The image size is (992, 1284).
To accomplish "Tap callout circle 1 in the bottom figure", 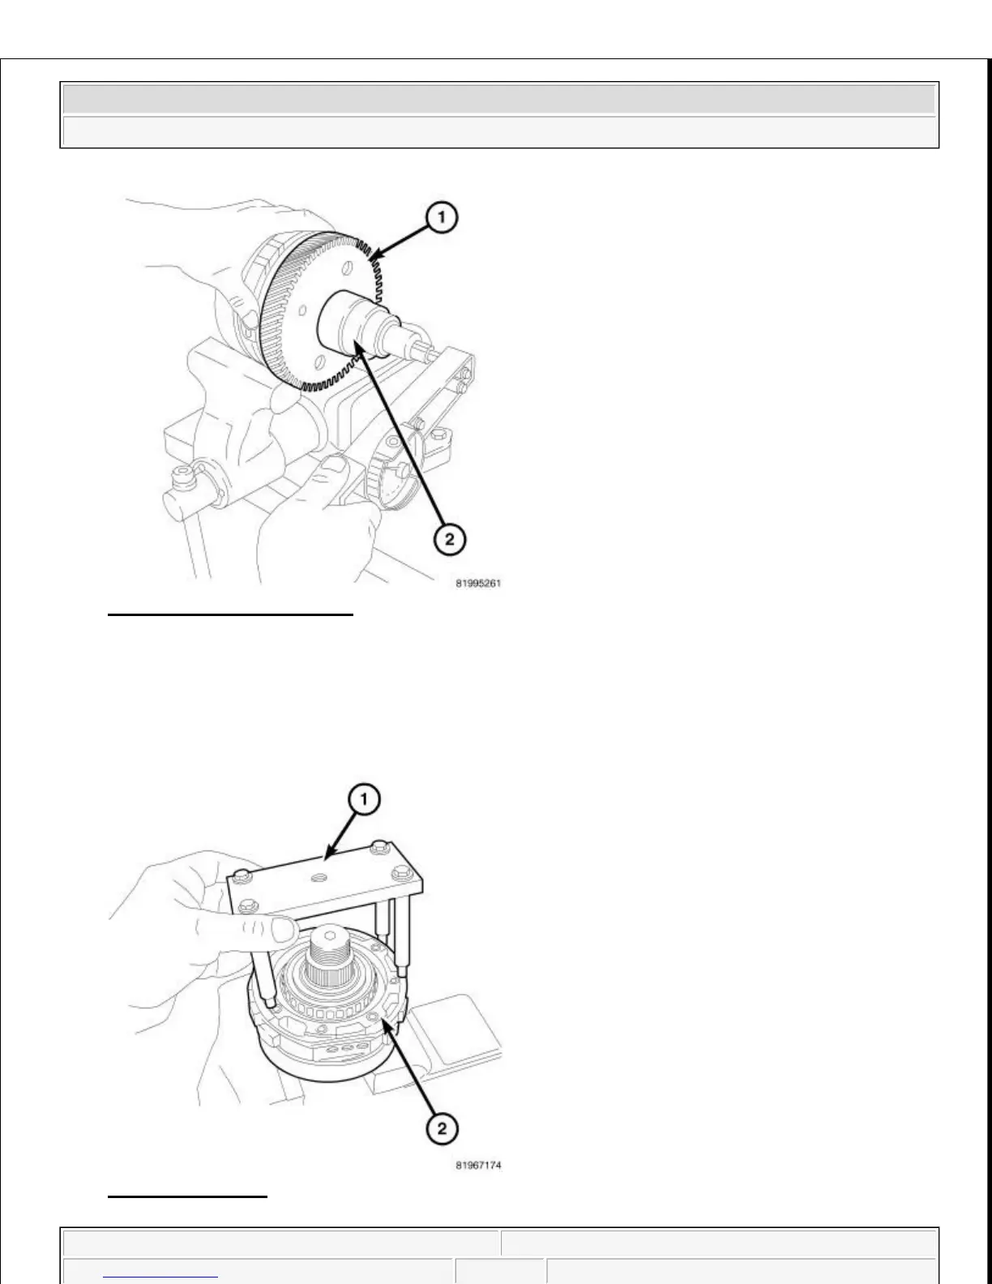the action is (x=364, y=800).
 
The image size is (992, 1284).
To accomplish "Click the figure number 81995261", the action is (x=478, y=583).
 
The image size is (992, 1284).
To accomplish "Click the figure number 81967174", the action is (x=478, y=1166).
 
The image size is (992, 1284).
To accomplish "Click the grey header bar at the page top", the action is (x=499, y=99).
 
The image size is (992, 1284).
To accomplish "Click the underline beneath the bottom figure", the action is (x=187, y=1196).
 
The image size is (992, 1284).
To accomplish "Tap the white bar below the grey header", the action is (x=499, y=131).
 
